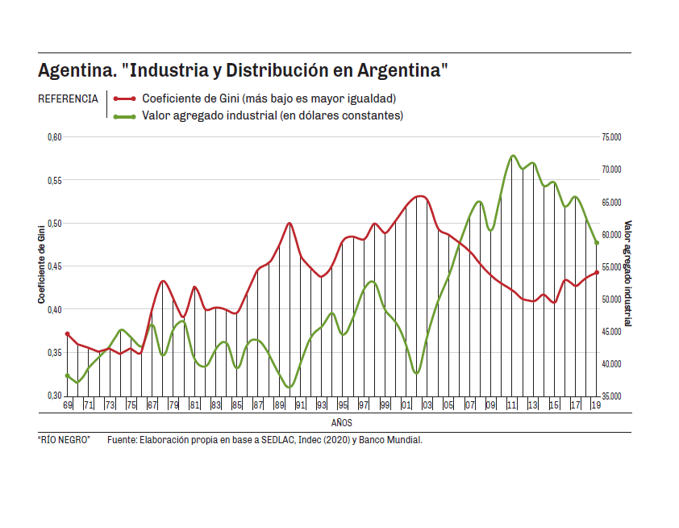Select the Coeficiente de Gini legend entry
pyautogui.click(x=269, y=98)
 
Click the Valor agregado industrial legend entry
pyautogui.click(x=272, y=115)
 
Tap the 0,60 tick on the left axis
pyautogui.click(x=54, y=137)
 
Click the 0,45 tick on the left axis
pyautogui.click(x=54, y=266)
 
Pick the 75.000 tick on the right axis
pyautogui.click(x=611, y=137)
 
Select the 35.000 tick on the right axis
pyautogui.click(x=611, y=396)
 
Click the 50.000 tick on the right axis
pyautogui.click(x=611, y=300)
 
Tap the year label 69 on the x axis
pyautogui.click(x=68, y=404)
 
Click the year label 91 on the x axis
pyautogui.click(x=300, y=404)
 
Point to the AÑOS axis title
pyautogui.click(x=341, y=422)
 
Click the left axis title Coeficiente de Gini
pyautogui.click(x=41, y=266)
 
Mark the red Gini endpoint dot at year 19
pyautogui.click(x=597, y=273)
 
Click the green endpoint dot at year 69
pyautogui.click(x=68, y=375)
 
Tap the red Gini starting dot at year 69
pyautogui.click(x=68, y=333)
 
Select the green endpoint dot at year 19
pyautogui.click(x=597, y=242)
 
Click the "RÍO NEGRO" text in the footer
pyautogui.click(x=65, y=441)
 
